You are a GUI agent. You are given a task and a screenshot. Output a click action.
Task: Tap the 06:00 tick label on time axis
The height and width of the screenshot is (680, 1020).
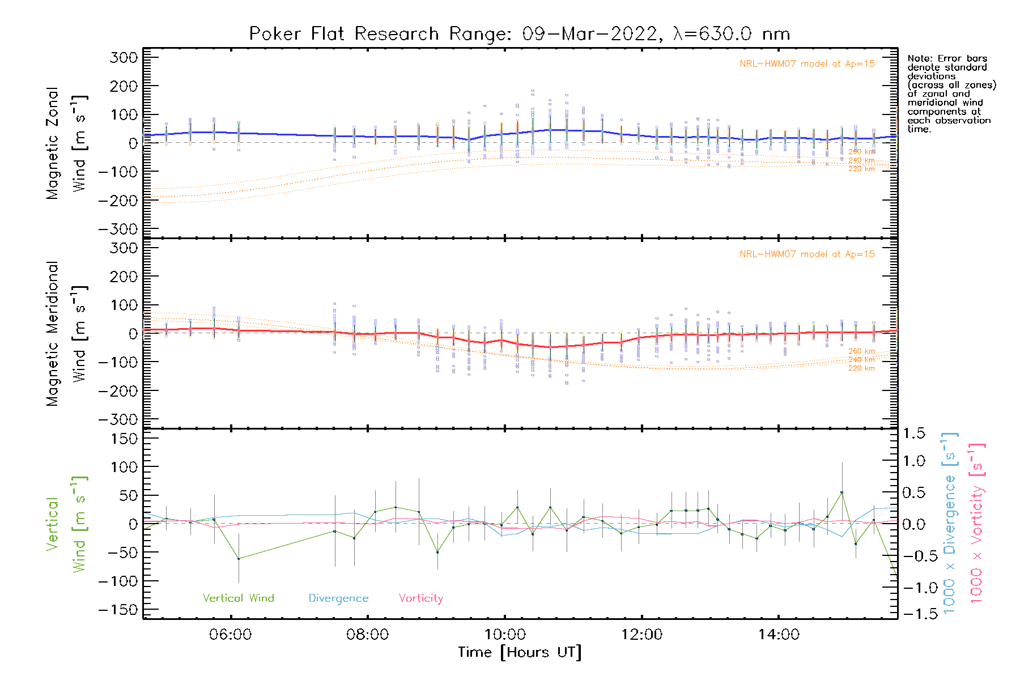(x=230, y=635)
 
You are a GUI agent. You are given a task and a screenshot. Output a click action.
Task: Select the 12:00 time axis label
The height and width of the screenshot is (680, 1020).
(x=641, y=635)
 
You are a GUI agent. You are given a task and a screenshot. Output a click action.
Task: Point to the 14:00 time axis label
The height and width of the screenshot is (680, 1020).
(x=779, y=635)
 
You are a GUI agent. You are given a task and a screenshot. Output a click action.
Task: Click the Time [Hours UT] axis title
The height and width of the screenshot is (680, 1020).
(x=520, y=653)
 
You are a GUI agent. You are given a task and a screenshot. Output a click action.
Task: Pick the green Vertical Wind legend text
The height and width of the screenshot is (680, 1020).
(x=238, y=598)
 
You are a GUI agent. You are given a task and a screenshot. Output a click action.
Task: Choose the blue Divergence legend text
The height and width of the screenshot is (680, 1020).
(x=338, y=598)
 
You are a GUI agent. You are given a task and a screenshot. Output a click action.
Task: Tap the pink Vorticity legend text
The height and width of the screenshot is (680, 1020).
(x=420, y=598)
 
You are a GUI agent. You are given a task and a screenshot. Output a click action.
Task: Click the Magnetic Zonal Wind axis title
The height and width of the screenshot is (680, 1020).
(x=66, y=143)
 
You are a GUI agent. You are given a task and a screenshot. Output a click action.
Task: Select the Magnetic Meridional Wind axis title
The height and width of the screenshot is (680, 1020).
(x=66, y=334)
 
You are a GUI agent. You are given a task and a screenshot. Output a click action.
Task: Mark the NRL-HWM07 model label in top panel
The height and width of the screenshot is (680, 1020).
(x=807, y=64)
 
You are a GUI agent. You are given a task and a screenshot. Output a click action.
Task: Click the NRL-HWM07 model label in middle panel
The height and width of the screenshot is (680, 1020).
(x=807, y=254)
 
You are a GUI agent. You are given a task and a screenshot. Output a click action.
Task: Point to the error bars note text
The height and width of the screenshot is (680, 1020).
(x=951, y=93)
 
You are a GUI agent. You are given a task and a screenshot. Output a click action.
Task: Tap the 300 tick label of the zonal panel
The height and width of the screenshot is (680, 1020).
(x=124, y=58)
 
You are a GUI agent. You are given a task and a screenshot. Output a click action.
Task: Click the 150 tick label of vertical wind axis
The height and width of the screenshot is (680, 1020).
(x=124, y=439)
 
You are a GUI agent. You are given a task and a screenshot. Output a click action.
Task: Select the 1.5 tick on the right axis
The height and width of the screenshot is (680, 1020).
(x=913, y=433)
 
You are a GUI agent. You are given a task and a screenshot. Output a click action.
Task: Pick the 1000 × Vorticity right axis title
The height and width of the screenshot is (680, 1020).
(x=977, y=524)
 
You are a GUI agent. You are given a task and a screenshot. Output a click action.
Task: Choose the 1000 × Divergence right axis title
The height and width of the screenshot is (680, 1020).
(x=950, y=524)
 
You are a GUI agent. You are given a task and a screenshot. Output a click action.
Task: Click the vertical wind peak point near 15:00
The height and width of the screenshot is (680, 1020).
(x=842, y=493)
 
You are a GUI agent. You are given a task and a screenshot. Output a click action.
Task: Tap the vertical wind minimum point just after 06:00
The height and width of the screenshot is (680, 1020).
(x=239, y=559)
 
